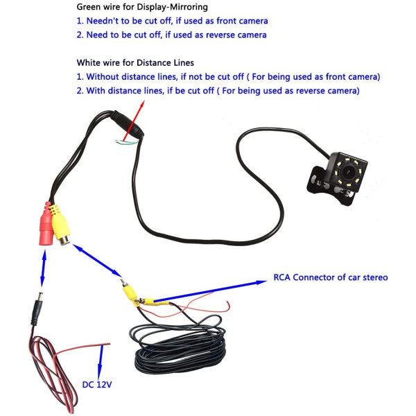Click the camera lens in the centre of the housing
pyautogui.click(x=347, y=172)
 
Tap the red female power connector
pyautogui.click(x=46, y=224)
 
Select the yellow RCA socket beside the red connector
pyautogui.click(x=60, y=225)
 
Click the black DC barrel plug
pyautogui.click(x=37, y=309)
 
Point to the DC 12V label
pyautogui.click(x=97, y=384)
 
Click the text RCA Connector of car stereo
pyautogui.click(x=331, y=277)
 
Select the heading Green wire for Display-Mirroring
pyautogui.click(x=142, y=7)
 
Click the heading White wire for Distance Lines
pyautogui.click(x=135, y=63)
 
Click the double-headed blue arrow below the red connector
pyautogui.click(x=43, y=268)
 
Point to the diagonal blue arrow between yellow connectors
pyautogui.click(x=97, y=261)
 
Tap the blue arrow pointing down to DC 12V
pyautogui.click(x=101, y=363)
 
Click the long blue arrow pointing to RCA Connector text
pyautogui.click(x=209, y=291)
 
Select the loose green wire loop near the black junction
pyautogui.click(x=127, y=142)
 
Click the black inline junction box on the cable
pyautogui.click(x=128, y=124)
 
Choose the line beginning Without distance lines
pyautogui.click(x=228, y=77)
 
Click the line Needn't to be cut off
pyautogui.click(x=172, y=21)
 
